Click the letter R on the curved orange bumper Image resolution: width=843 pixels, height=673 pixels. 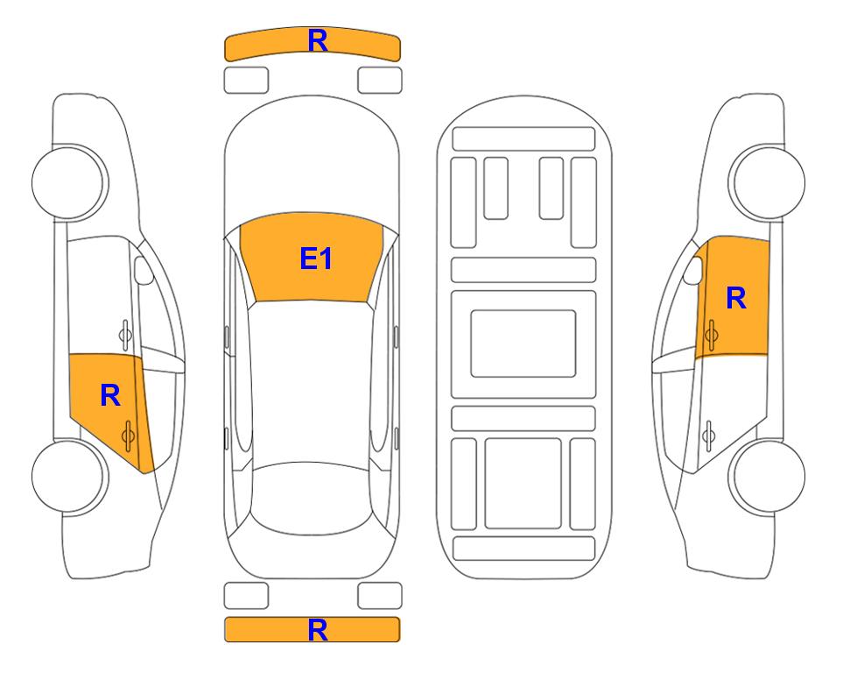(318, 41)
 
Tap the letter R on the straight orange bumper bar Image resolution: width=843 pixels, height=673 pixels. (318, 630)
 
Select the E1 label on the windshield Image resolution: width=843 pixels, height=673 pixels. (316, 259)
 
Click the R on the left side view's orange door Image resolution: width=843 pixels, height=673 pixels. (110, 396)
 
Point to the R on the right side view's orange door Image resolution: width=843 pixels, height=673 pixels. (736, 298)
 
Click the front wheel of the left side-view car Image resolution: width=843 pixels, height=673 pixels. (68, 182)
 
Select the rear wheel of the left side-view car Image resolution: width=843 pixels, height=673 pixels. (68, 476)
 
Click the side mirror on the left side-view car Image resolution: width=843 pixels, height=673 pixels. (144, 270)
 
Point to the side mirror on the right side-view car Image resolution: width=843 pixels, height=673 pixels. (693, 270)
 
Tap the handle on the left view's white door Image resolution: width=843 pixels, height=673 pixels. (125, 335)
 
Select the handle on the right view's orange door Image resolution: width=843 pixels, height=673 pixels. (712, 335)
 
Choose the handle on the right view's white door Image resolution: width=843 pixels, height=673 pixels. (709, 436)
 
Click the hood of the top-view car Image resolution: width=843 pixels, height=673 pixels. (312, 161)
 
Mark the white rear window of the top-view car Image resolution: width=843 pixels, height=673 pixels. (312, 499)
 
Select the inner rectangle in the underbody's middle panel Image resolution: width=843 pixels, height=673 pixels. (523, 344)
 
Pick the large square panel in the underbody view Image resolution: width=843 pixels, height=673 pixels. (523, 484)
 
